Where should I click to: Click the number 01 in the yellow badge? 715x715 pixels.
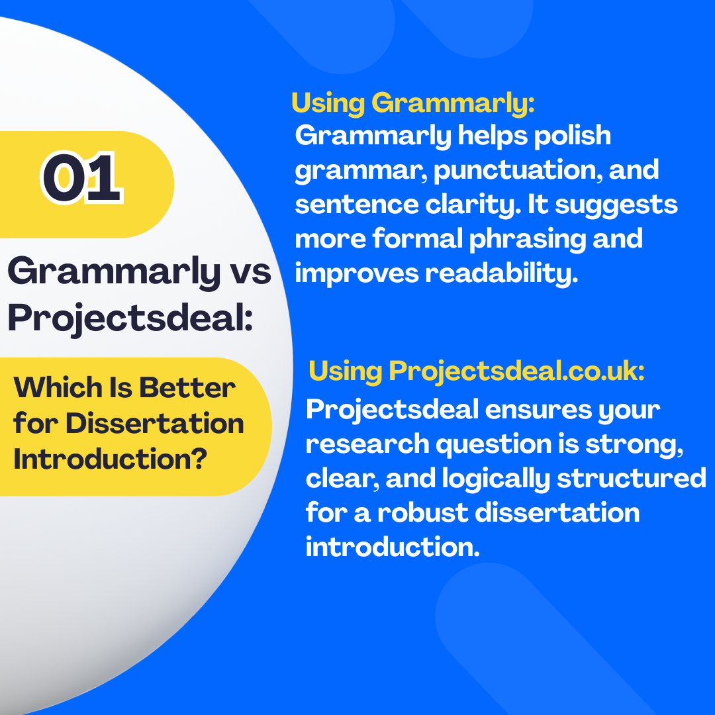(x=82, y=177)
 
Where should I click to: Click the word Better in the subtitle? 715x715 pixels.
(x=187, y=387)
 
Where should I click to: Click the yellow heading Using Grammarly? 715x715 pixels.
(x=412, y=103)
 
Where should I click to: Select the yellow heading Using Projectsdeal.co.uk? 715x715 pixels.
(x=477, y=371)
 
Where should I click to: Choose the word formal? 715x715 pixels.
(x=417, y=238)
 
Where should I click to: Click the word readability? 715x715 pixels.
(x=502, y=273)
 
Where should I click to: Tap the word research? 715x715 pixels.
(x=367, y=444)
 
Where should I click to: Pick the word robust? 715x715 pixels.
(x=422, y=512)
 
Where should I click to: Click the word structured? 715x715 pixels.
(x=632, y=479)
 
